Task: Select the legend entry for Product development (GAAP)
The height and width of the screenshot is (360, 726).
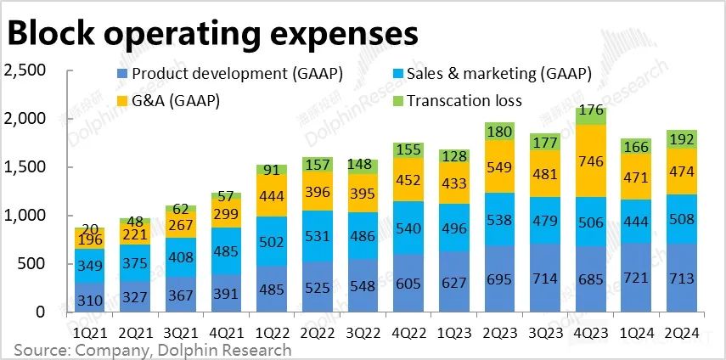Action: click(228, 75)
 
